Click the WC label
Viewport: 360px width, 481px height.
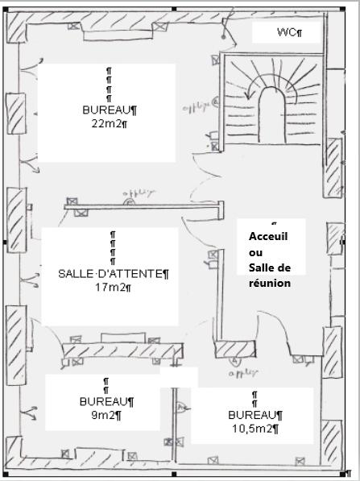pyautogui.click(x=286, y=32)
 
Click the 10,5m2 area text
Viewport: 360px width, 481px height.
pyautogui.click(x=253, y=428)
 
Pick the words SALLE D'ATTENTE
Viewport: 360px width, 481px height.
pyautogui.click(x=111, y=274)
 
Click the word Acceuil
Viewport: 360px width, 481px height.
pyautogui.click(x=268, y=236)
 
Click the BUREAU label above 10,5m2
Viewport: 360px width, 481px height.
pyautogui.click(x=253, y=415)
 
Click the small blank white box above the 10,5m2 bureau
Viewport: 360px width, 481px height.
pyautogui.click(x=179, y=376)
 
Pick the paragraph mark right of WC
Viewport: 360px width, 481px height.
pyautogui.click(x=300, y=33)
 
